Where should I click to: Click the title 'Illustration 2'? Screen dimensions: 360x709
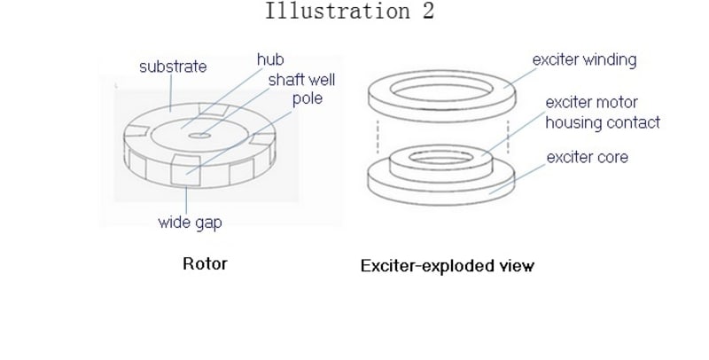349,12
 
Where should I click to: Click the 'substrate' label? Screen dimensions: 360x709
173,67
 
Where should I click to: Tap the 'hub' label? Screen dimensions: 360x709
269,59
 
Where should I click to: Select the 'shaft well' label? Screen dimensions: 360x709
302,78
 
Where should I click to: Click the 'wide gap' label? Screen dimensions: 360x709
190,223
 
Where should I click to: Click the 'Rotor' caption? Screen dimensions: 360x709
205,263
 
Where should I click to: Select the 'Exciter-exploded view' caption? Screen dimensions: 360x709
448,265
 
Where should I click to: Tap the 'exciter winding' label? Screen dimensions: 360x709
584,60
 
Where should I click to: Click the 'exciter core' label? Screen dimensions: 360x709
588,158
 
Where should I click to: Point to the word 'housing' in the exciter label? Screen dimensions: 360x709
575,122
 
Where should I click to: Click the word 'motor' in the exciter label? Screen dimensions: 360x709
618,103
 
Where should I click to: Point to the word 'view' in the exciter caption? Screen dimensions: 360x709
517,265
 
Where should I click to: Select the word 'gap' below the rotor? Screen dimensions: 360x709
207,223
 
